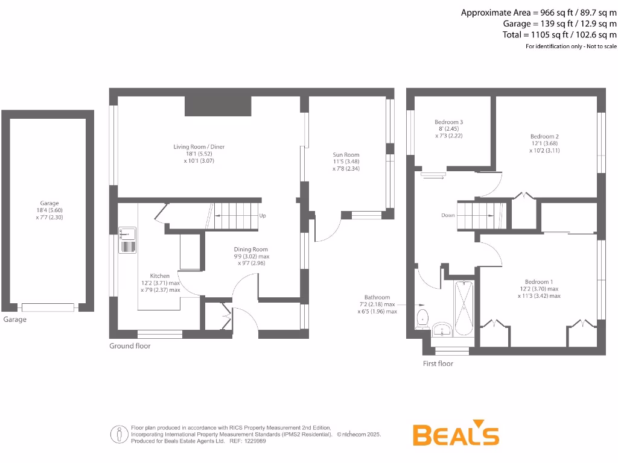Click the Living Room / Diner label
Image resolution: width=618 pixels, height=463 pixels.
[199, 146]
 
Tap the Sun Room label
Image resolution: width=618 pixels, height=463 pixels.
[346, 155]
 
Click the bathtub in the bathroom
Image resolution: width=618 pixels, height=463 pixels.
[464, 309]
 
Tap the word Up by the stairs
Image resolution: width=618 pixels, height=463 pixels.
[262, 216]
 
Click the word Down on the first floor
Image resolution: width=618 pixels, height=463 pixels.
[448, 215]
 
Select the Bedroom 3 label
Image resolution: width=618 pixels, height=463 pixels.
[449, 122]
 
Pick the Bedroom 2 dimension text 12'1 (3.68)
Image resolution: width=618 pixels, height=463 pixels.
[544, 143]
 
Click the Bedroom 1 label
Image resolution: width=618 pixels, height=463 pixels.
[538, 282]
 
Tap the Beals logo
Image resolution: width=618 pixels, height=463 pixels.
[456, 434]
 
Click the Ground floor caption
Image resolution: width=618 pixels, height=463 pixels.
[130, 346]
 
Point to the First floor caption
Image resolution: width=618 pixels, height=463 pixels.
[438, 364]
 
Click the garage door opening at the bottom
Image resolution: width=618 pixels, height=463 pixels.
[48, 307]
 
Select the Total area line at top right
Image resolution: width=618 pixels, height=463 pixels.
[559, 35]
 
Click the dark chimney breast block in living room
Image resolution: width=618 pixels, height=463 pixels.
[217, 106]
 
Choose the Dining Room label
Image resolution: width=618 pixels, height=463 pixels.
[251, 249]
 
